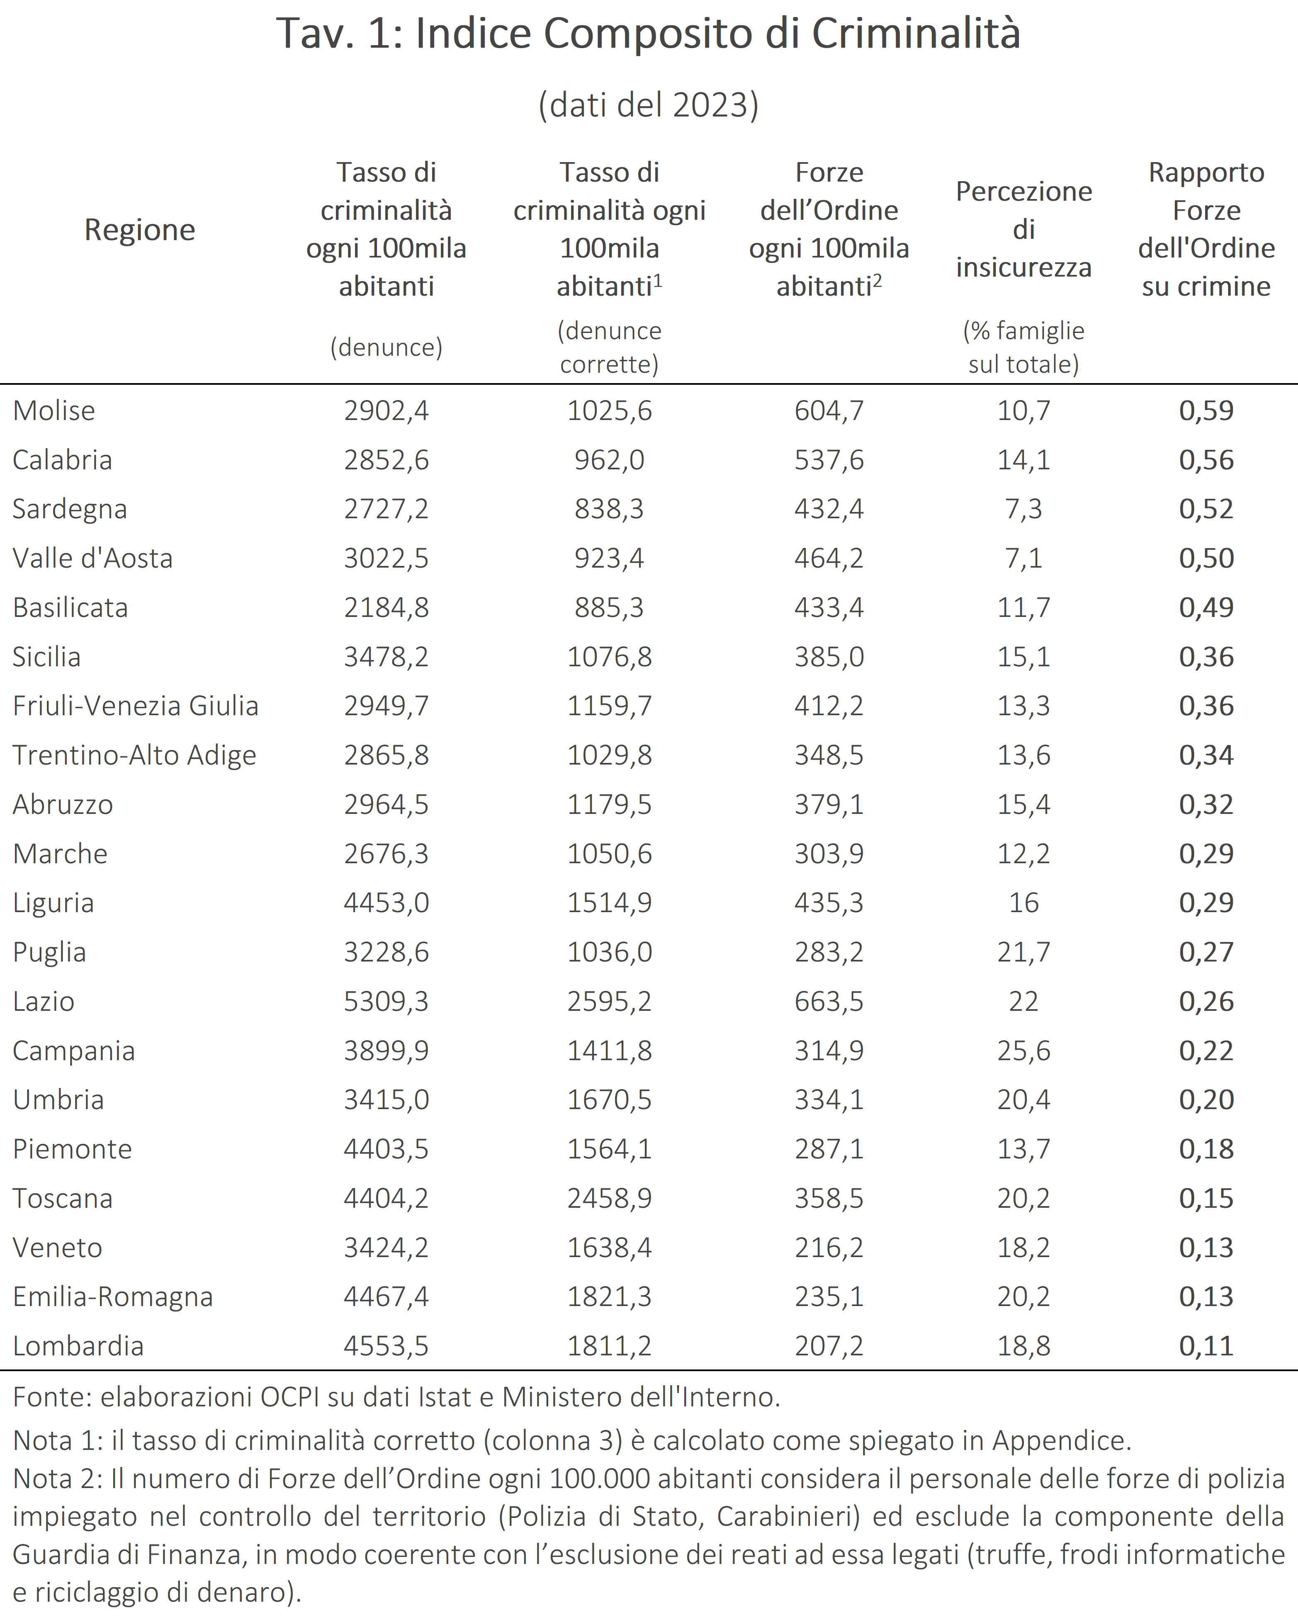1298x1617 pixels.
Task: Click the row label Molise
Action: pos(54,410)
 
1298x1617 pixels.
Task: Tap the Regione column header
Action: pos(140,230)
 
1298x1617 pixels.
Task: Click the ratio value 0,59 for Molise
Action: pos(1206,410)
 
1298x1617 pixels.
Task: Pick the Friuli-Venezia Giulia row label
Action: pos(136,706)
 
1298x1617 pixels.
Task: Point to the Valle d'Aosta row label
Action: pos(93,558)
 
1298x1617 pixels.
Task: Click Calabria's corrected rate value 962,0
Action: pos(609,460)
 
